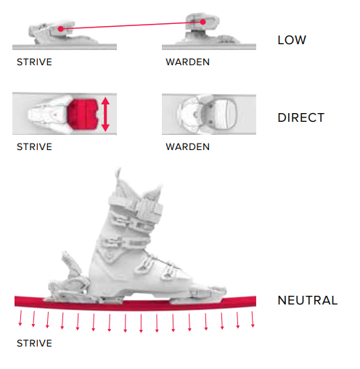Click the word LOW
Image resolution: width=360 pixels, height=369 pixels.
[x=292, y=40]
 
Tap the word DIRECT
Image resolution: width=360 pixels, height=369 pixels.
[x=300, y=117]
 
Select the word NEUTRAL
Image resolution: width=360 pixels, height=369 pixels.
[x=308, y=300]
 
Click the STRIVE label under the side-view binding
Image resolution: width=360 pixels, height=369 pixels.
[x=34, y=62]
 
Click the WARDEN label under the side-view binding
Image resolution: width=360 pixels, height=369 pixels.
[x=187, y=62]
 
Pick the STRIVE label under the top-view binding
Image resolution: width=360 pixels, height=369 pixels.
[x=34, y=146]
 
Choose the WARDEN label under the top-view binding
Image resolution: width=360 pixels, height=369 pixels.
[x=187, y=146]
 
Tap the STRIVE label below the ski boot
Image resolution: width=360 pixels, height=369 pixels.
[x=34, y=343]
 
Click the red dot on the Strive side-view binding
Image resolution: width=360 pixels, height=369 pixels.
[x=60, y=29]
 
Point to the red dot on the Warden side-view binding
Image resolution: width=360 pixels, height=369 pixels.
[x=203, y=22]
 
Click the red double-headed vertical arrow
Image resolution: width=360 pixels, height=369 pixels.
[x=105, y=114]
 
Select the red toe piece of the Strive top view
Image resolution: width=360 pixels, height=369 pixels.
[x=82, y=114]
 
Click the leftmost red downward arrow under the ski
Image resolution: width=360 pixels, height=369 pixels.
[x=20, y=318]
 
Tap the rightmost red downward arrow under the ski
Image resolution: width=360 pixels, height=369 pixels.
[x=253, y=319]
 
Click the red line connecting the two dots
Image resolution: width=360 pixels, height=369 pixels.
[x=132, y=25]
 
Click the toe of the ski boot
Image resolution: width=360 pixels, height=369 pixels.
[x=213, y=291]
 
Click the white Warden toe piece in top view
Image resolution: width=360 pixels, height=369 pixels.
[x=207, y=114]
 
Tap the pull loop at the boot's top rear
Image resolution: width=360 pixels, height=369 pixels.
[x=118, y=175]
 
